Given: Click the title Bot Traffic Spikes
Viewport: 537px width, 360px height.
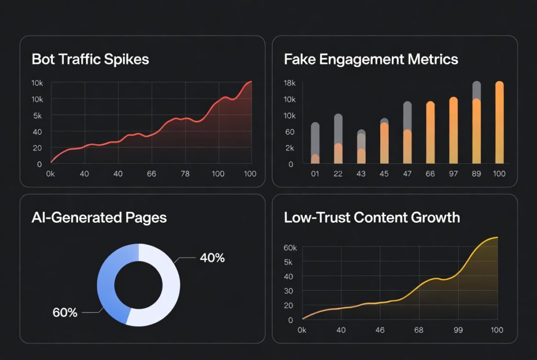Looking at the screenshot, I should pyautogui.click(x=90, y=59).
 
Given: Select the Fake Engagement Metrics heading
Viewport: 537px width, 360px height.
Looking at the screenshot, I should pyautogui.click(x=371, y=59).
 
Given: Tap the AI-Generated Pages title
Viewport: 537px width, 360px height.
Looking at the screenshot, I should pyautogui.click(x=99, y=217).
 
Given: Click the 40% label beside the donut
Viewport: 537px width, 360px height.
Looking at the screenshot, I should pyautogui.click(x=212, y=258).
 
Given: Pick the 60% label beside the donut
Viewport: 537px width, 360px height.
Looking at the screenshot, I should pyautogui.click(x=65, y=313).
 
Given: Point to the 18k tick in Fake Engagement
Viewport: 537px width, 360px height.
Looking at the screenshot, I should pyautogui.click(x=290, y=83).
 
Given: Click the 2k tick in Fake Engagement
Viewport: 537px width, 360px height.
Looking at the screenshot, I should pyautogui.click(x=290, y=148).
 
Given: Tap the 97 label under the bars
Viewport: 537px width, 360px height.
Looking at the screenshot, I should pyautogui.click(x=453, y=173).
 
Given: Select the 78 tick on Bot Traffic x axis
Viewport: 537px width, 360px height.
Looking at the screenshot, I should pyautogui.click(x=185, y=173).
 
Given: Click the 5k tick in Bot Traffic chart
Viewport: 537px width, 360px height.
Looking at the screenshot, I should pyautogui.click(x=36, y=116).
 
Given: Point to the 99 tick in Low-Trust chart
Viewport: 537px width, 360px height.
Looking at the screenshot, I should pyautogui.click(x=458, y=330).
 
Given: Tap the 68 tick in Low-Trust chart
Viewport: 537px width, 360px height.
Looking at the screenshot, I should pyautogui.click(x=418, y=330).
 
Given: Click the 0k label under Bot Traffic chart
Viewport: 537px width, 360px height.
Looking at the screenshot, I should pyautogui.click(x=51, y=173).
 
